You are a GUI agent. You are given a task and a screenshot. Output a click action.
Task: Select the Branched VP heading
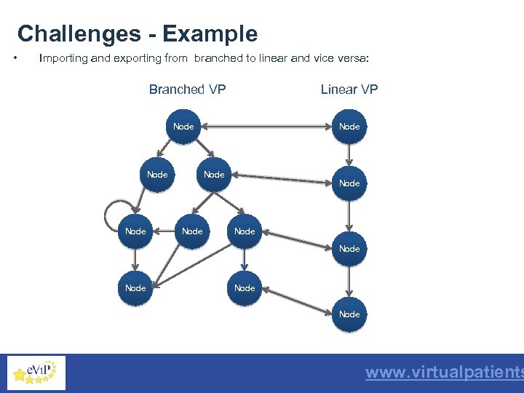click(187, 90)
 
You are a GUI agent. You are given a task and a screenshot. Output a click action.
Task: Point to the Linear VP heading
click(349, 90)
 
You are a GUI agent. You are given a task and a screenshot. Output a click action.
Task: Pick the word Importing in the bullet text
click(63, 58)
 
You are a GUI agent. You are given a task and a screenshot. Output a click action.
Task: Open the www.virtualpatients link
click(444, 373)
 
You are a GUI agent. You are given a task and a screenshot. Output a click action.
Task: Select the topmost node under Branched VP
click(183, 127)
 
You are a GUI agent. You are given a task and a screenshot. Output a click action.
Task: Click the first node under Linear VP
click(349, 127)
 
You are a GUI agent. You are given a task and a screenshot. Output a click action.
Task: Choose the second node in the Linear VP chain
click(349, 183)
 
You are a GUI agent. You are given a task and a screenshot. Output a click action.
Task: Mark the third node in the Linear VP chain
click(349, 249)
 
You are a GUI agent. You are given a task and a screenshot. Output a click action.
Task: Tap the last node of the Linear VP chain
click(349, 314)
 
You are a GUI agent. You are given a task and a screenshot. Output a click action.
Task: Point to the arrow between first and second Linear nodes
click(349, 154)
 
